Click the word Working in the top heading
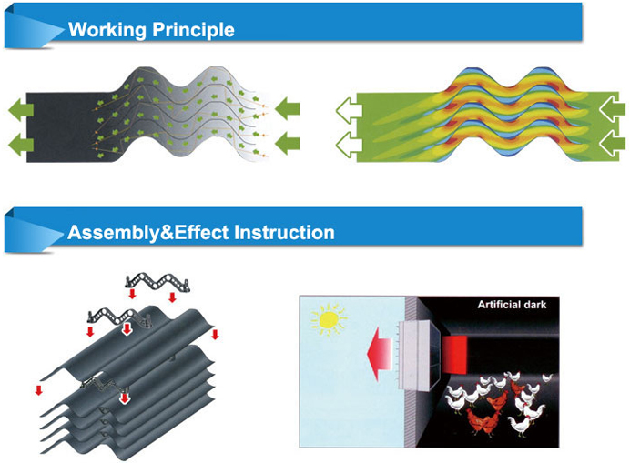tap(106, 30)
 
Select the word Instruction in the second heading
tap(284, 233)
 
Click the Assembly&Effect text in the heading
tap(147, 233)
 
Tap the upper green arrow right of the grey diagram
tap(288, 109)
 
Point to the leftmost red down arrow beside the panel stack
tap(39, 390)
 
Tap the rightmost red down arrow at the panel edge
tap(216, 335)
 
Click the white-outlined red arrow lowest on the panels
tap(125, 398)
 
